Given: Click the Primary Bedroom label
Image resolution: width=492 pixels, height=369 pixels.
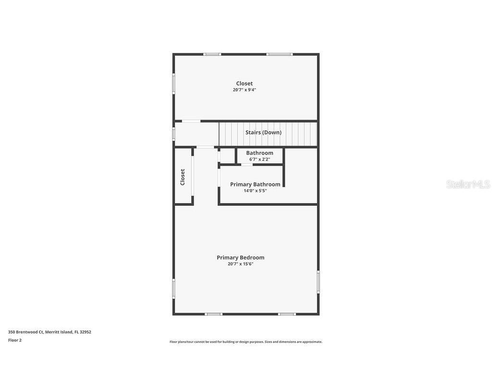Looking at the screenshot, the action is tap(240, 258).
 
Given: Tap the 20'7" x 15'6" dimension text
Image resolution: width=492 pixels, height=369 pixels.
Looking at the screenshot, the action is tap(240, 264).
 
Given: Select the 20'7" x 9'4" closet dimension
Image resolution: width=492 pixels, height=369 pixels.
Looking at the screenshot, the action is tap(245, 90).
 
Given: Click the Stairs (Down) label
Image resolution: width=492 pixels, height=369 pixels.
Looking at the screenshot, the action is tap(263, 133).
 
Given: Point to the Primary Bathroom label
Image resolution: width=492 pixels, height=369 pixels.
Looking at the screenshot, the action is tap(255, 184).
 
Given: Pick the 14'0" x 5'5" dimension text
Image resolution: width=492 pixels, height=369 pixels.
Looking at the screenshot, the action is tap(255, 191).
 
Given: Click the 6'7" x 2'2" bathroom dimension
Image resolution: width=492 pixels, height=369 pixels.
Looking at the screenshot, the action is tap(259, 160).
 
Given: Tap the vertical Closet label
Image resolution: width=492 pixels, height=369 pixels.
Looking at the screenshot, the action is tap(183, 177).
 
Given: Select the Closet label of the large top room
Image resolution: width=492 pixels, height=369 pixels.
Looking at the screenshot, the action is tap(245, 84).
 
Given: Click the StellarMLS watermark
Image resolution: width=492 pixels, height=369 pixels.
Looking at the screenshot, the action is tap(468, 184).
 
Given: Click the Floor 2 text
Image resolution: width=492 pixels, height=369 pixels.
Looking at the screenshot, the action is tap(15, 340).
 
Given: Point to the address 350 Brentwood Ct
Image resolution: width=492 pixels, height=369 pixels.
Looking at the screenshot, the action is tap(26, 332).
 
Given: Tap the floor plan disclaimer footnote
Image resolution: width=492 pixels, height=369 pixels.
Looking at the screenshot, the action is tap(246, 342).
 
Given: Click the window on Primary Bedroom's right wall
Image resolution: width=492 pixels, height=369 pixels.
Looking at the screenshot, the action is tap(318, 282).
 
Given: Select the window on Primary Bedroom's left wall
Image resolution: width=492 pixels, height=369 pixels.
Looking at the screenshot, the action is tap(173, 289).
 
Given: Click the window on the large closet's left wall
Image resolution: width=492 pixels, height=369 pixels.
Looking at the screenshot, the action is tap(173, 84).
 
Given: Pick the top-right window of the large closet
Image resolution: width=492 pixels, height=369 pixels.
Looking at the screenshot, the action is tap(280, 54).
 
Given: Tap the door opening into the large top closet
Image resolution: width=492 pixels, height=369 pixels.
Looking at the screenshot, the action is tap(191, 121).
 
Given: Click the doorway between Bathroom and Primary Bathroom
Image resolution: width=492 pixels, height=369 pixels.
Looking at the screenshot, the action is tap(246, 164).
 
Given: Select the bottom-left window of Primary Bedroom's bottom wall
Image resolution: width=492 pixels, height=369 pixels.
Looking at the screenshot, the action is tap(213, 314).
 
